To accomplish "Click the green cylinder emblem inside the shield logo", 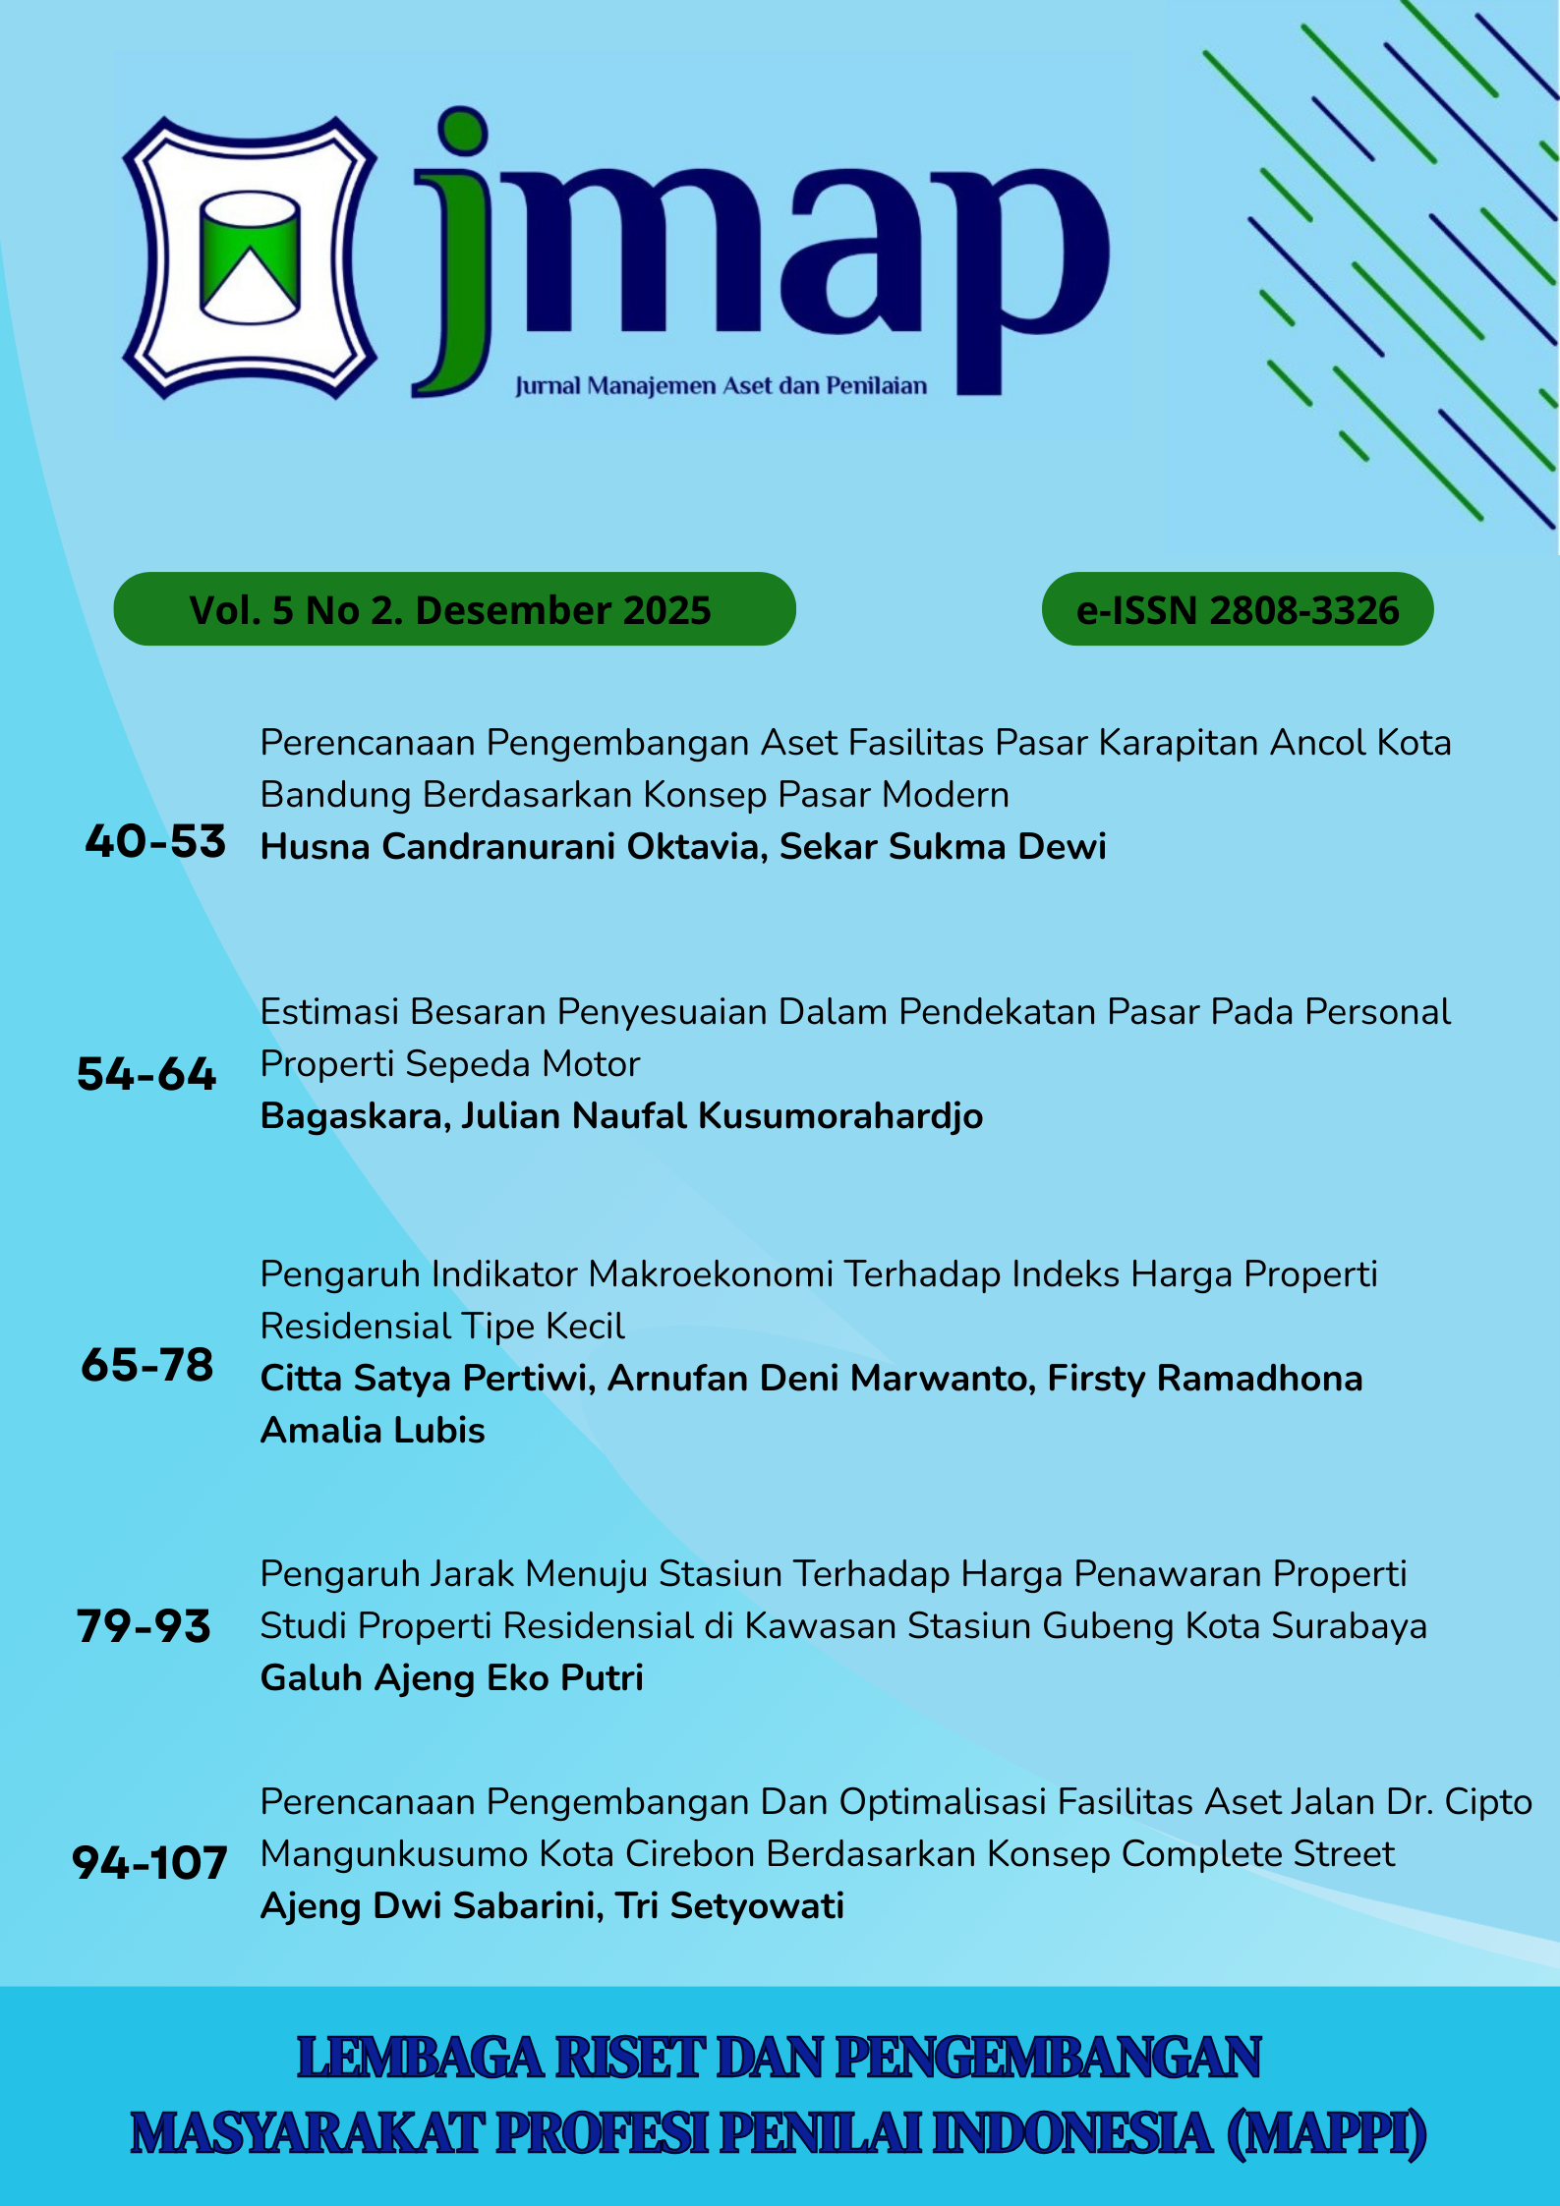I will pyautogui.click(x=250, y=256).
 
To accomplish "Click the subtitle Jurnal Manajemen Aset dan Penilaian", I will pyautogui.click(x=721, y=386).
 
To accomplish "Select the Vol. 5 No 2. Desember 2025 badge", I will pyautogui.click(x=453, y=610).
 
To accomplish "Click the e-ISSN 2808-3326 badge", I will pyautogui.click(x=1237, y=610).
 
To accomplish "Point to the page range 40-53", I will pyautogui.click(x=155, y=842).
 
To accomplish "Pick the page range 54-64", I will pyautogui.click(x=146, y=1074).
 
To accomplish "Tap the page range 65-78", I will pyautogui.click(x=147, y=1365).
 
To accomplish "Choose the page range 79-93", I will pyautogui.click(x=144, y=1626).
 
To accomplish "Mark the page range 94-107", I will pyautogui.click(x=149, y=1863).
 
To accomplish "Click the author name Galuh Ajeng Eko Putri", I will pyautogui.click(x=451, y=1677).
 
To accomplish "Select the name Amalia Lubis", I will pyautogui.click(x=373, y=1430).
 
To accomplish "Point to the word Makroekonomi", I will pyautogui.click(x=711, y=1274).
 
